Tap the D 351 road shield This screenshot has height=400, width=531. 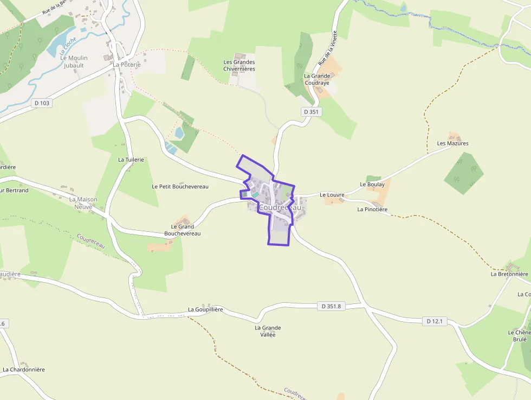click(x=312, y=112)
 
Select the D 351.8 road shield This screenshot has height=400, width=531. click(x=331, y=306)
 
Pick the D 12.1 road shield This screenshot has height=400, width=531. click(x=435, y=321)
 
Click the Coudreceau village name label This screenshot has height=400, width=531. click(x=280, y=208)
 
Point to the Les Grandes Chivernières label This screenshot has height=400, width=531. click(x=239, y=65)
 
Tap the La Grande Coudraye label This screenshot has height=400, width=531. click(x=317, y=79)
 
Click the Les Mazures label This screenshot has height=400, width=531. click(x=452, y=143)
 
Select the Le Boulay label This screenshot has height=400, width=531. click(x=372, y=185)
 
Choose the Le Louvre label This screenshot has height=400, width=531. click(x=332, y=195)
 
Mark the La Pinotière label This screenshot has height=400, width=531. click(x=372, y=209)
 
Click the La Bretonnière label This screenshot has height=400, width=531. click(x=509, y=274)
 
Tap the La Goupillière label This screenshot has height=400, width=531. click(x=205, y=309)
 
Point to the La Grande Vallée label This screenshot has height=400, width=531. click(x=268, y=331)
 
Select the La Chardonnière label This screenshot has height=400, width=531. click(x=24, y=370)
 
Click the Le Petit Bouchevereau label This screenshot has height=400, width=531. click(x=180, y=186)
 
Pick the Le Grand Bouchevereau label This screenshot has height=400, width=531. click(x=182, y=230)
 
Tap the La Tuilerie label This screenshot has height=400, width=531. click(x=131, y=160)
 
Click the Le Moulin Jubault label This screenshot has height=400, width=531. click(x=74, y=61)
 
